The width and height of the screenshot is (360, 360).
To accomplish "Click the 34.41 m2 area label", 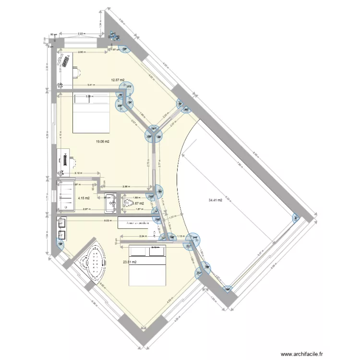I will point(215,200).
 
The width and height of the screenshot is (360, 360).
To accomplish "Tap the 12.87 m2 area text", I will point(118,80).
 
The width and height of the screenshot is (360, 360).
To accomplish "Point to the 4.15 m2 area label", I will point(84,198).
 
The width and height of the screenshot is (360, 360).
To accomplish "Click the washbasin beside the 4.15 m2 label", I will point(109,202).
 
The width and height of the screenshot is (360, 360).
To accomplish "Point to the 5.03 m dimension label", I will point(108,220).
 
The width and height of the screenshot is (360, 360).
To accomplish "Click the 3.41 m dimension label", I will point(91,85).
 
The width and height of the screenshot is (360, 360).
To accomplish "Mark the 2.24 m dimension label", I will point(143,236).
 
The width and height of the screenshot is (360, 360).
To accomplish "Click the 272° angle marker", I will point(130,87).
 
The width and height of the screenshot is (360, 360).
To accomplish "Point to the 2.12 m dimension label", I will point(78,173).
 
